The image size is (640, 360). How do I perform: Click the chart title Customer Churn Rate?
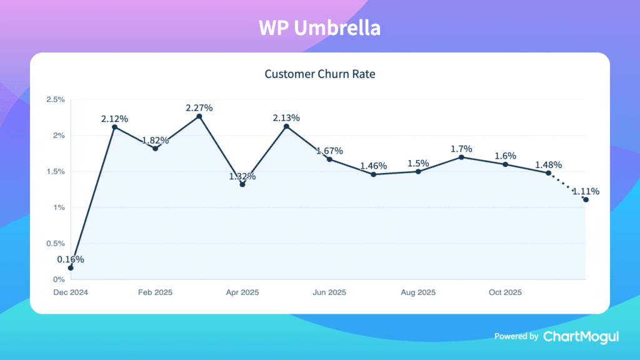pyautogui.click(x=319, y=74)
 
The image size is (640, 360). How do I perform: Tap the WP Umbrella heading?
pyautogui.click(x=319, y=28)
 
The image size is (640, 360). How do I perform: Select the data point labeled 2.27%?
pyautogui.click(x=199, y=116)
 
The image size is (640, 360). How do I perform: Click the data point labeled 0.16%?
pyautogui.click(x=71, y=267)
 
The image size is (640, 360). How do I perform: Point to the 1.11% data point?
pyautogui.click(x=586, y=199)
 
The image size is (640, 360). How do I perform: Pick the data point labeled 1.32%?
pyautogui.click(x=242, y=184)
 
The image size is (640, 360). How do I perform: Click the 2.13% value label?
pyautogui.click(x=286, y=117)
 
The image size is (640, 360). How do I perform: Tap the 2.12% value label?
pyautogui.click(x=115, y=118)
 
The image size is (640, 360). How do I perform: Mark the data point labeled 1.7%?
pyautogui.click(x=461, y=157)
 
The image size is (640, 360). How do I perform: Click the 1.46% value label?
pyautogui.click(x=373, y=166)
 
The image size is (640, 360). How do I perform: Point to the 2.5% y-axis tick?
pyautogui.click(x=56, y=99)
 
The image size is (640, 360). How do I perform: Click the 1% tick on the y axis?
pyautogui.click(x=59, y=207)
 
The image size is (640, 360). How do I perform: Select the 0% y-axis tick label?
pyautogui.click(x=59, y=279)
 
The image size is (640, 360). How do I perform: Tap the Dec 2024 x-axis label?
pyautogui.click(x=71, y=292)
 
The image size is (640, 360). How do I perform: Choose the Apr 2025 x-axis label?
pyautogui.click(x=242, y=292)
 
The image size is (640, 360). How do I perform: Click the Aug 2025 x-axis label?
pyautogui.click(x=417, y=292)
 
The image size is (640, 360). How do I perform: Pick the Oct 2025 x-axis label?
pyautogui.click(x=505, y=292)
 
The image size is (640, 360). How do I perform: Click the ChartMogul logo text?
pyautogui.click(x=581, y=336)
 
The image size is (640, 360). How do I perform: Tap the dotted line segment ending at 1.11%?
pyautogui.click(x=567, y=186)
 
